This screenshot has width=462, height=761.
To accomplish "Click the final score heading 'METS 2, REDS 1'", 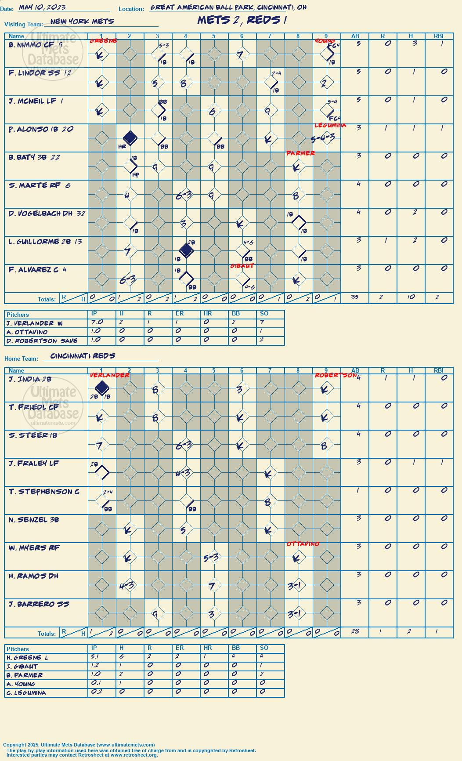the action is [x=242, y=20].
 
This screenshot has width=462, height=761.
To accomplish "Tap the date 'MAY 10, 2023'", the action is [x=42, y=7].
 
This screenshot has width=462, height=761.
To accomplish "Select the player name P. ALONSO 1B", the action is [x=34, y=129].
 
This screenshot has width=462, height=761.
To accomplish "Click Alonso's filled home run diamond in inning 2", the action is [x=130, y=138].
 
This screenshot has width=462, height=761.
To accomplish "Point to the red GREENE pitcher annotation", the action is [x=103, y=41].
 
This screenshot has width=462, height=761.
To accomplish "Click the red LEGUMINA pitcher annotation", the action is [x=330, y=125].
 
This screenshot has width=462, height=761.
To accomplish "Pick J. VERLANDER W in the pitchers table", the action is [x=35, y=323].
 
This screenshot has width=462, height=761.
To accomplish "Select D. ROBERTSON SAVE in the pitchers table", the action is [x=42, y=341].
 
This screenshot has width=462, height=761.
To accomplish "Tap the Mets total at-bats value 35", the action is [x=355, y=297].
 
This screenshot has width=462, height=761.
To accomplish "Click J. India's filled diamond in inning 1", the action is [x=102, y=388].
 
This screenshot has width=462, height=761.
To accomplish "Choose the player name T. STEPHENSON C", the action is [x=44, y=492].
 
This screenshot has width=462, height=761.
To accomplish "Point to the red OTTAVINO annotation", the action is [x=303, y=544].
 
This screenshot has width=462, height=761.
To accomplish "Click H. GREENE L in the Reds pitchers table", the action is [x=28, y=658].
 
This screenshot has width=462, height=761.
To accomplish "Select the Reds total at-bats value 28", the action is [x=355, y=631].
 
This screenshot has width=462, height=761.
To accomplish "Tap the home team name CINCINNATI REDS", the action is [x=83, y=356].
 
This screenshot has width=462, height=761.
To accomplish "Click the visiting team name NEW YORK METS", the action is [x=82, y=22].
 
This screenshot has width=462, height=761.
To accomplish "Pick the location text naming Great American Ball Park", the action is [x=228, y=7].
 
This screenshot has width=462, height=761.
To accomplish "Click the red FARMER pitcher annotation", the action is [x=301, y=153].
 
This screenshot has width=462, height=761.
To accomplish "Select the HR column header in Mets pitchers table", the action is [x=208, y=313].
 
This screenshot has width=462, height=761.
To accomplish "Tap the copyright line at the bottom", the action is [x=79, y=745].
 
